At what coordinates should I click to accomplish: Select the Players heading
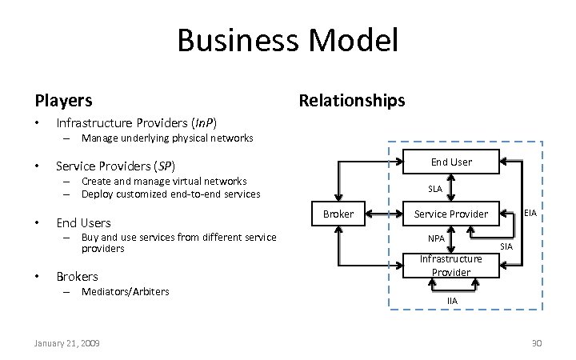pos(63,101)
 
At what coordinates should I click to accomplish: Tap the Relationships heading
pos(351,100)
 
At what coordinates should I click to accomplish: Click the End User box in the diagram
pos(451,162)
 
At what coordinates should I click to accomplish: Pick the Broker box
pos(338,214)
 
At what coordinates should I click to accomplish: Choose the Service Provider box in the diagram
pos(450,214)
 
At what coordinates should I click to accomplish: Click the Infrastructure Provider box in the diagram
pos(451,265)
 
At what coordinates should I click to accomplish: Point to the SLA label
pos(435,189)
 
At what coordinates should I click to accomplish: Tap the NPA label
pos(436,238)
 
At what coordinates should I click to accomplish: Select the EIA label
pos(530,213)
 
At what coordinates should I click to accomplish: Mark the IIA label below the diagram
pos(452,301)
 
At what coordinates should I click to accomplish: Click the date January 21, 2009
pos(67,343)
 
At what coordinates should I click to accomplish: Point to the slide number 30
pos(537,343)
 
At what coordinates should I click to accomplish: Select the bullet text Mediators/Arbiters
pos(126,291)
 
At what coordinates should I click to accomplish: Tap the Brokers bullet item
pos(77,276)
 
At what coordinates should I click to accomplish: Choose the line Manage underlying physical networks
pos(167,138)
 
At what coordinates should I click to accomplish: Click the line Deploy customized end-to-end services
pos(171,194)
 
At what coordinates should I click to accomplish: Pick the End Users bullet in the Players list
pos(83,222)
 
